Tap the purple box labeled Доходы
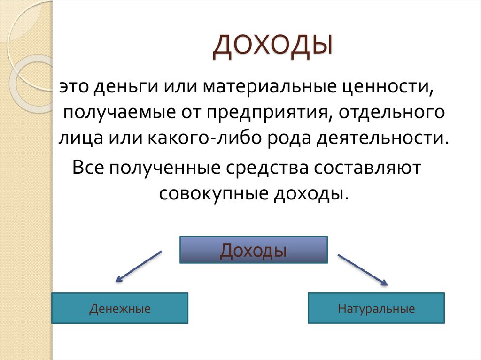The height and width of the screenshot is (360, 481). tap(254, 250)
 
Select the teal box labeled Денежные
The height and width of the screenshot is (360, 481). tap(120, 308)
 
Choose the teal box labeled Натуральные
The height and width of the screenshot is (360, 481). tap(376, 308)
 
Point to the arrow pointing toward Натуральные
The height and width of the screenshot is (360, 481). tap(363, 270)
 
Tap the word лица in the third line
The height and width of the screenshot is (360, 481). tap(77, 138)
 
